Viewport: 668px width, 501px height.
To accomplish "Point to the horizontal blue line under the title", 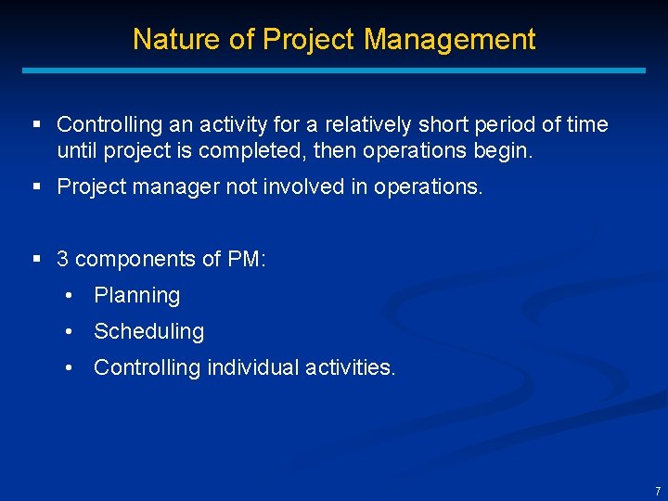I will click(334, 70).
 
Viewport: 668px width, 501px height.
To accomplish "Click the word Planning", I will click(136, 296).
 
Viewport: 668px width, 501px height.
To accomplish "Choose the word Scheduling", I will click(148, 331).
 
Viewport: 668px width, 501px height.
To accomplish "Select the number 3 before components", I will click(63, 259).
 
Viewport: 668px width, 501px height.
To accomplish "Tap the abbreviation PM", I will click(248, 259).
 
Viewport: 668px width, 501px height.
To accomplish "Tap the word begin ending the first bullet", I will click(508, 150).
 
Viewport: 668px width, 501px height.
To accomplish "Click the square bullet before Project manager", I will click(37, 186).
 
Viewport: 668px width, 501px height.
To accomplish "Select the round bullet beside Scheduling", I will click(70, 331).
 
